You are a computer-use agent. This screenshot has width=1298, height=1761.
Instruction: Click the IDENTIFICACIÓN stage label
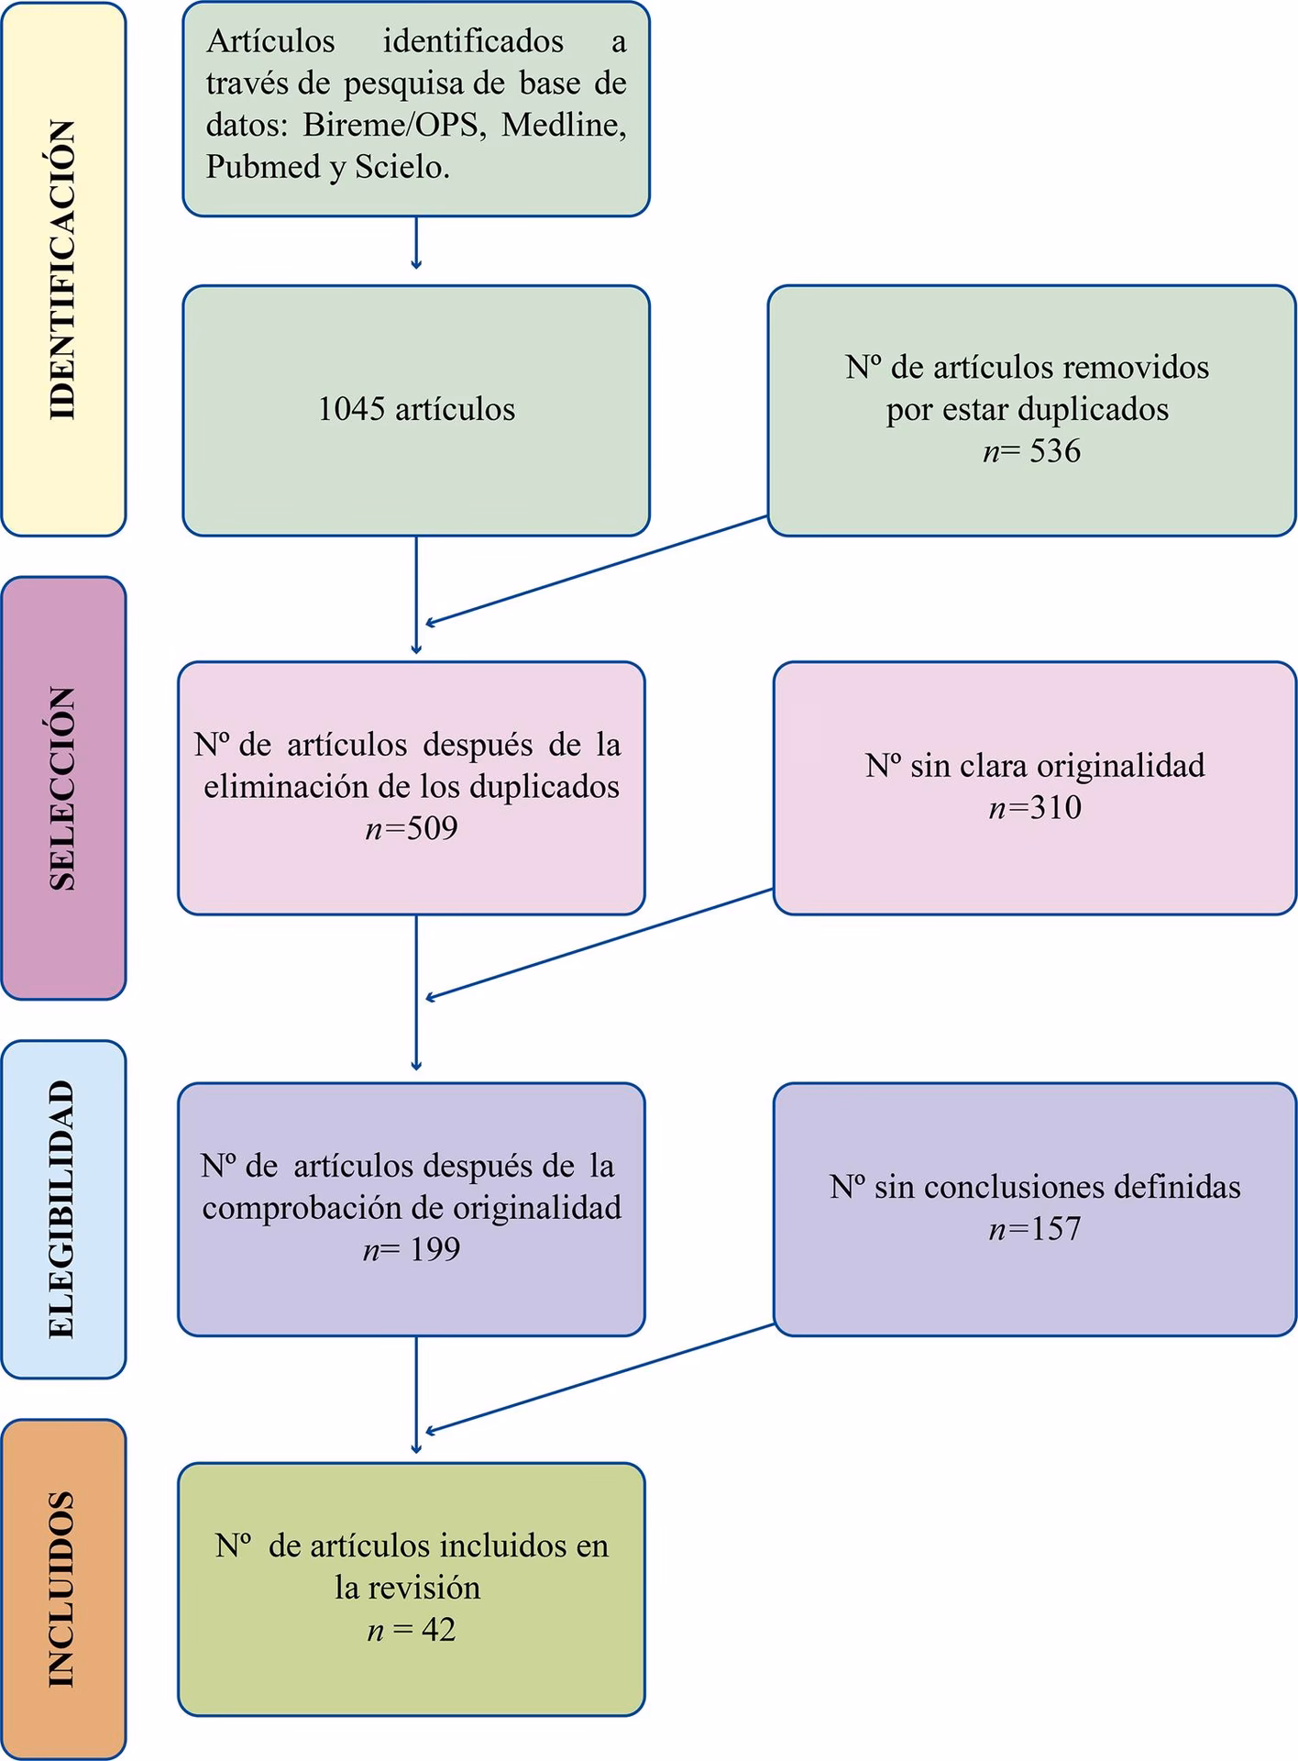[x=62, y=270]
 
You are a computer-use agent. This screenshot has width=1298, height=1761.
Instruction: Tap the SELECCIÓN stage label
[x=62, y=788]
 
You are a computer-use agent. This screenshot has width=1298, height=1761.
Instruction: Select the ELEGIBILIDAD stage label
[x=62, y=1209]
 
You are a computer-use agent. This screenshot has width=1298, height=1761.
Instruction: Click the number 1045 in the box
[x=351, y=409]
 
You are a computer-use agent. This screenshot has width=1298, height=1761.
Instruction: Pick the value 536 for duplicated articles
[x=1055, y=451]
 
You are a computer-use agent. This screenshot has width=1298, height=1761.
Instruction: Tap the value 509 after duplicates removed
[x=432, y=828]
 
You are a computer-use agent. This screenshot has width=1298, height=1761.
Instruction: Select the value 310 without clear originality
[x=1056, y=807]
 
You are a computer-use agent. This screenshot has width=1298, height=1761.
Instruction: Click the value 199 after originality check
[x=434, y=1249]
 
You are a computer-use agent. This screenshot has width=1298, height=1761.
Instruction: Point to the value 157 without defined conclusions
[x=1056, y=1228]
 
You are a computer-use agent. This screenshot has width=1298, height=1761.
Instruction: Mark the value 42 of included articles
[x=438, y=1629]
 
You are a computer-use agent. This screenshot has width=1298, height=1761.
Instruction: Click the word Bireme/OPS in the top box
[x=392, y=125]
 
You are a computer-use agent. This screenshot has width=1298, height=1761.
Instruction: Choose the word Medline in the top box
[x=563, y=125]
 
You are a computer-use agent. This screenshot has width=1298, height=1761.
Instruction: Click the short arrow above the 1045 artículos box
[x=416, y=243]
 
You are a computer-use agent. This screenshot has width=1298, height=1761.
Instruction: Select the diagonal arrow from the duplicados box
[x=596, y=570]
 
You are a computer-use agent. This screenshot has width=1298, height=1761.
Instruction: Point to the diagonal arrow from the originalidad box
[x=600, y=944]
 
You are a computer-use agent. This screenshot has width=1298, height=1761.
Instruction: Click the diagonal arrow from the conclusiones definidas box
[x=600, y=1379]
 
